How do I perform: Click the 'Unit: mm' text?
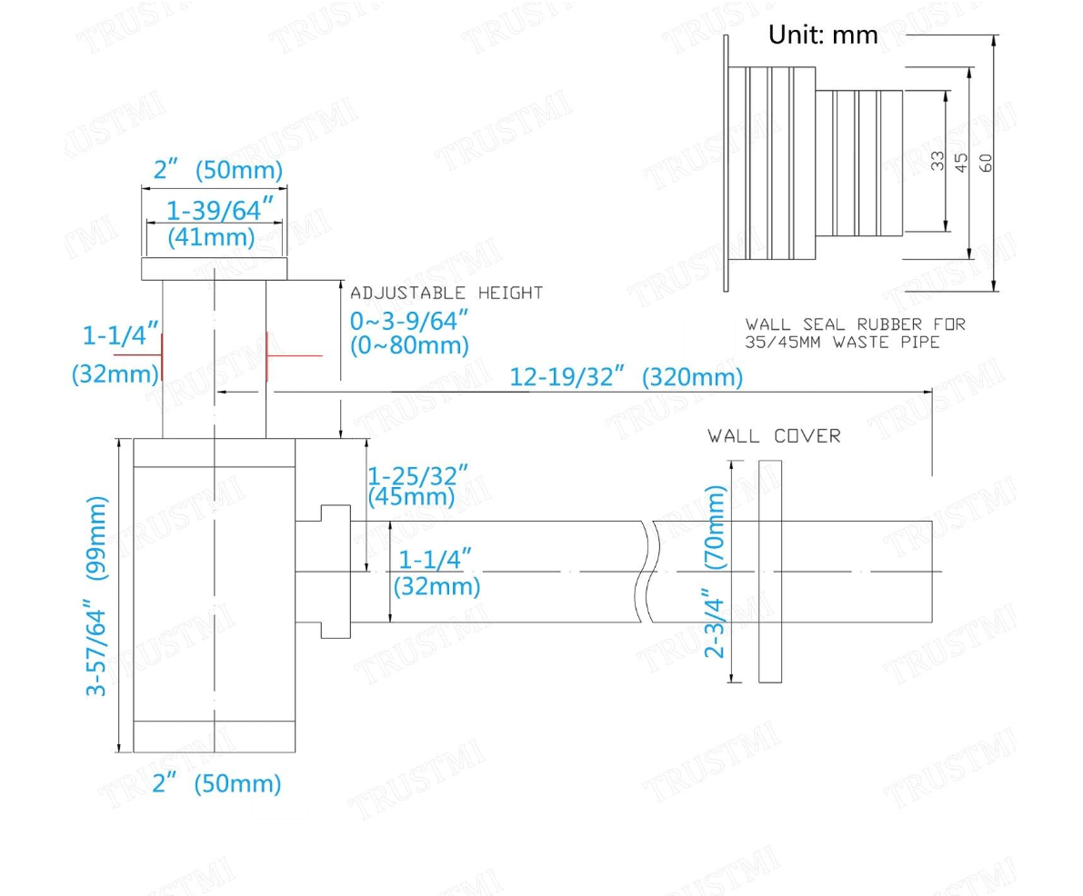tap(823, 35)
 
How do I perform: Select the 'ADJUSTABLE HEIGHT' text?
tap(446, 293)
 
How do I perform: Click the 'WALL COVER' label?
tap(774, 436)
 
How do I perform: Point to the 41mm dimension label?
tap(211, 238)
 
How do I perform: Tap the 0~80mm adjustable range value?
tap(410, 345)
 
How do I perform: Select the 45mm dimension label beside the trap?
tap(411, 497)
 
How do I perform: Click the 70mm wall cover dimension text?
tap(716, 527)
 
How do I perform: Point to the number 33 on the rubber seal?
tap(938, 161)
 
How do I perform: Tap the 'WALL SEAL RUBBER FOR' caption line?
tap(856, 324)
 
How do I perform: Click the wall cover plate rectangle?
tap(769, 571)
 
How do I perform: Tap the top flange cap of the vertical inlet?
tap(215, 268)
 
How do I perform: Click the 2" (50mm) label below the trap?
tap(216, 783)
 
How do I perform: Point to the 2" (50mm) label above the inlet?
tap(217, 170)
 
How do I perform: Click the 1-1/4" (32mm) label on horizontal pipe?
tap(436, 572)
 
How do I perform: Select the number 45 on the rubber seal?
tap(961, 162)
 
